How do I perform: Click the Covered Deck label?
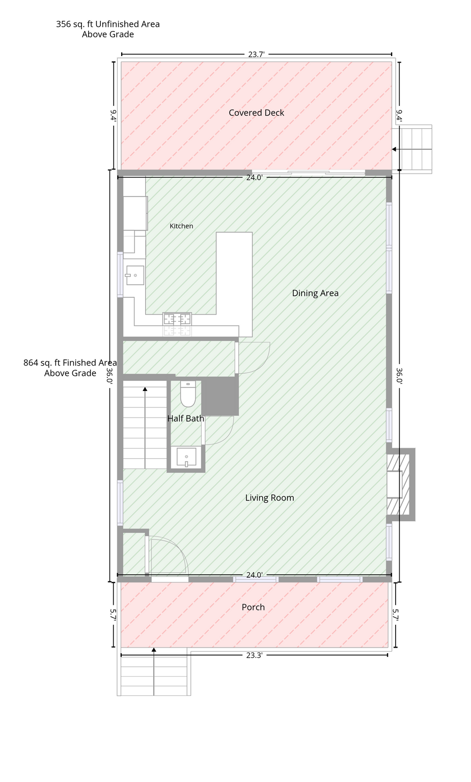[256, 113]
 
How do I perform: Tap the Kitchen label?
[181, 226]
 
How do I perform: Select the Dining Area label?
[315, 293]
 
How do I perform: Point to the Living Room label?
[269, 498]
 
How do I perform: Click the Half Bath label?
[185, 418]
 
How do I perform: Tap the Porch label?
[253, 607]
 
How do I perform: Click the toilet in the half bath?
[188, 394]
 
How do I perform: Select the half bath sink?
[186, 457]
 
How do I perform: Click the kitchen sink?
[135, 275]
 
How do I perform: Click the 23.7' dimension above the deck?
[256, 54]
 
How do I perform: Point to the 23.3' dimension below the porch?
[254, 655]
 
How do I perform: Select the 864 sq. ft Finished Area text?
[70, 362]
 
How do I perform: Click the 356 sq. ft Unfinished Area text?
[108, 24]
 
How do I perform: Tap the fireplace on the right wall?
[400, 484]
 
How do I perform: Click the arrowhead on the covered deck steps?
[394, 149]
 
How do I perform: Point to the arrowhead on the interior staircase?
[145, 389]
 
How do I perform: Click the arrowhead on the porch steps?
[154, 650]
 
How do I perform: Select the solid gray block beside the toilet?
[220, 396]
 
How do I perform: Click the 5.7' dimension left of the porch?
[113, 615]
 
